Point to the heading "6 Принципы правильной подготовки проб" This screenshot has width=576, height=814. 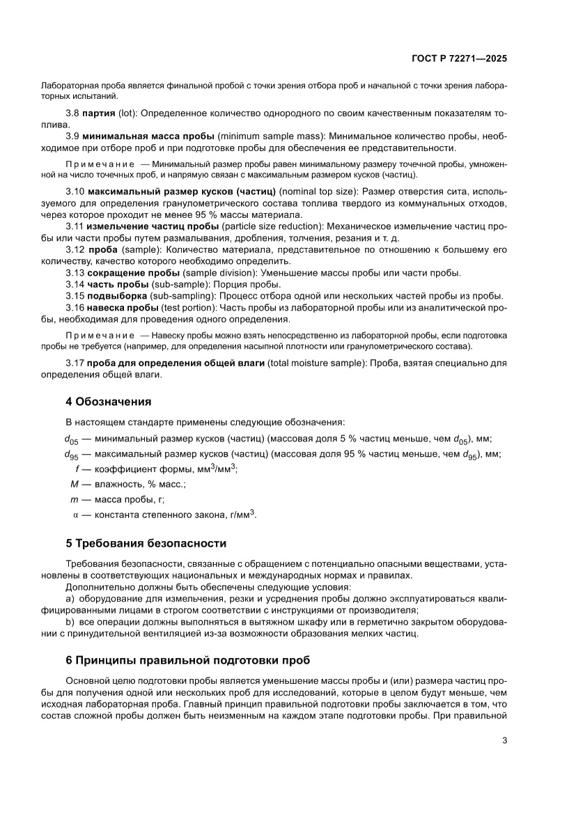187,660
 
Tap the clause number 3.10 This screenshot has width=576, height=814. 75,191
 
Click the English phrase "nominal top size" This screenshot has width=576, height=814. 318,191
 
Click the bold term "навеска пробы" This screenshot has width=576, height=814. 123,307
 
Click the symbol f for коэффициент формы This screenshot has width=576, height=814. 77,469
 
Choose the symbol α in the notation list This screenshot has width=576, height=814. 76,515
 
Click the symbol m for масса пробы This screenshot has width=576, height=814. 74,499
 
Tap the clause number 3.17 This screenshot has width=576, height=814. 75,363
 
